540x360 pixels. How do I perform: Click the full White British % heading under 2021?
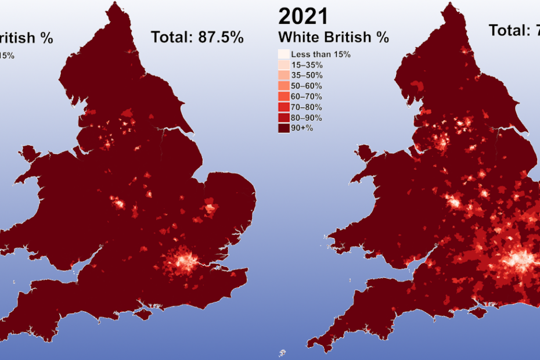(x=333, y=37)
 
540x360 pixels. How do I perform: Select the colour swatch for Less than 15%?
(x=283, y=55)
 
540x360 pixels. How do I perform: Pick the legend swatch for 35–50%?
(x=283, y=75)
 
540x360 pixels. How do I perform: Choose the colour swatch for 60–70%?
(x=283, y=96)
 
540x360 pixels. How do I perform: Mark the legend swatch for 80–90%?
(x=283, y=117)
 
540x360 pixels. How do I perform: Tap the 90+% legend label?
(x=302, y=128)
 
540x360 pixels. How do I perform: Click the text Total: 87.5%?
(x=197, y=37)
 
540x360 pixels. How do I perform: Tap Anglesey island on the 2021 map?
(x=364, y=154)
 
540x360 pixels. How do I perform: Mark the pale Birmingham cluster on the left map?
(x=118, y=203)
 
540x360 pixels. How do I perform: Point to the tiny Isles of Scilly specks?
(x=282, y=352)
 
